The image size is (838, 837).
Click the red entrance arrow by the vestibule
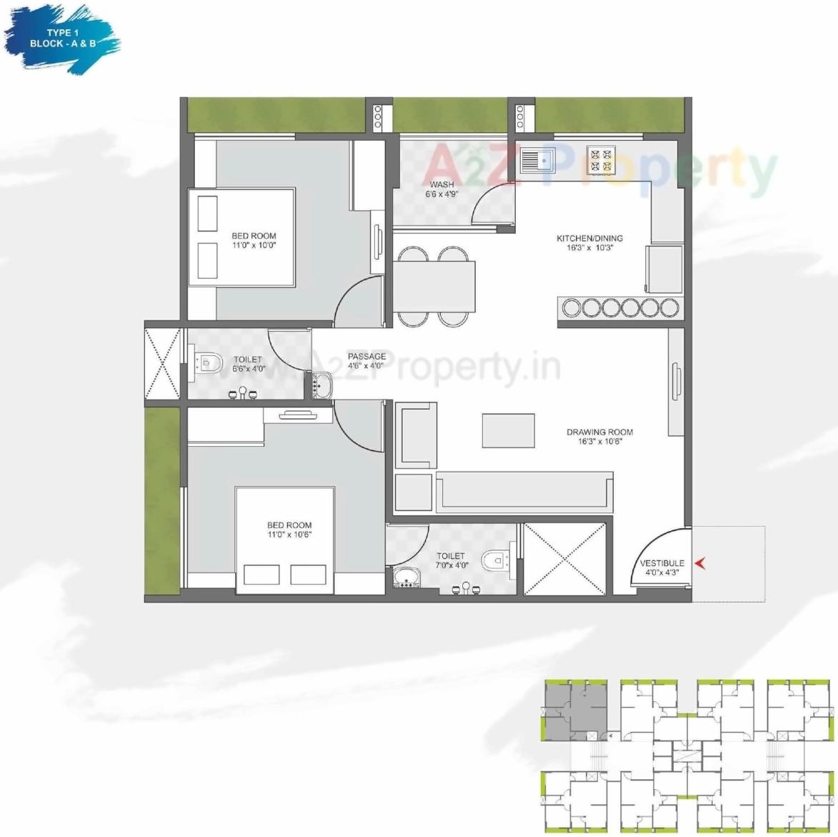point(701,563)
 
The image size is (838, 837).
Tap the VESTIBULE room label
point(662,564)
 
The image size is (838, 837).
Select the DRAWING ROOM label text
point(599,432)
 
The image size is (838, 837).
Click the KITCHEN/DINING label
point(589,239)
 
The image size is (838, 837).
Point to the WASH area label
point(442,185)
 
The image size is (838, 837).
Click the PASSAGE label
point(366,357)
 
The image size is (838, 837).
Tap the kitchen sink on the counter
point(537,161)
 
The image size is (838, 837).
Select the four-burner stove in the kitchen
point(600,161)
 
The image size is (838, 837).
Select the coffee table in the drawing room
point(508,430)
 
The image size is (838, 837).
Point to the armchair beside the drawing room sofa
point(416,436)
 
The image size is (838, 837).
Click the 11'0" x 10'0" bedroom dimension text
point(254,245)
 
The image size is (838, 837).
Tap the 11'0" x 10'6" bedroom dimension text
point(289,534)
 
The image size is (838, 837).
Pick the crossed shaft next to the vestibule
point(565,559)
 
